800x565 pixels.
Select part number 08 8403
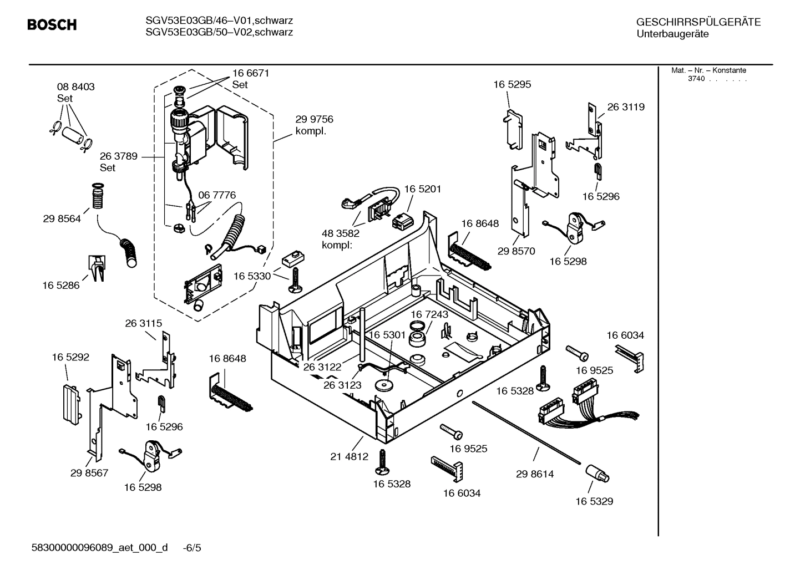(75, 87)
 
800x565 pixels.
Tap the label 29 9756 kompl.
(314, 125)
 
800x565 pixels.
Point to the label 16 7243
(429, 314)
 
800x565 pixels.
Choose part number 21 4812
(349, 457)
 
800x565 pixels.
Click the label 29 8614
(534, 474)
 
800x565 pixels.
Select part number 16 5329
(594, 501)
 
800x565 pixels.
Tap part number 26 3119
(626, 107)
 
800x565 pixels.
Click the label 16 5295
(512, 84)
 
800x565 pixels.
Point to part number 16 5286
(60, 286)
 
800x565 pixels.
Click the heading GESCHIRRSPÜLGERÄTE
(698, 22)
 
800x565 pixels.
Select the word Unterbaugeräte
(672, 34)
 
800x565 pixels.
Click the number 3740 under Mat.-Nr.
(696, 79)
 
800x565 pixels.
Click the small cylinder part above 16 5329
(597, 475)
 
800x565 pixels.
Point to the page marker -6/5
(191, 548)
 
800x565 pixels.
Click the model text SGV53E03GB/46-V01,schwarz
(219, 21)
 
